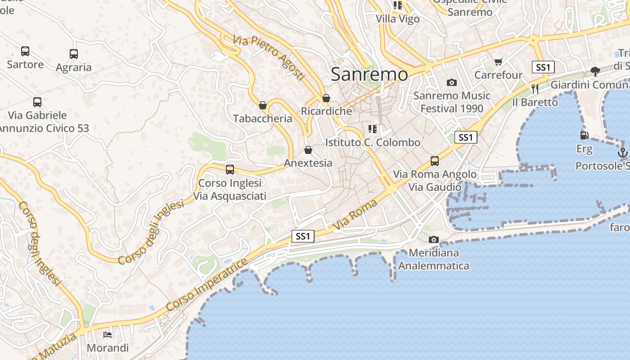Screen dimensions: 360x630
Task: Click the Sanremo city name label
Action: coord(369,74)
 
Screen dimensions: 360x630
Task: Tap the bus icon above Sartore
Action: coord(25,51)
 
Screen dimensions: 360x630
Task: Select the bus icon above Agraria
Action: coord(74,54)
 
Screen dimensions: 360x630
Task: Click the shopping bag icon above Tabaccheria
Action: coord(263,106)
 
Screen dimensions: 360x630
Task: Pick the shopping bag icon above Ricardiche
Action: coord(326,98)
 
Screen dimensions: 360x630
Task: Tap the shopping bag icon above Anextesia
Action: coord(308,150)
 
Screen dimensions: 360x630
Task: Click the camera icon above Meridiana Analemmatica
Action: coord(433,239)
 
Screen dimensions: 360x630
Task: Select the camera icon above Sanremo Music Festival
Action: coord(452,82)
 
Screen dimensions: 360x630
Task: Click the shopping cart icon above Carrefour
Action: coord(498,62)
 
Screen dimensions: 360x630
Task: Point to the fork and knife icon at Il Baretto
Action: coord(535,89)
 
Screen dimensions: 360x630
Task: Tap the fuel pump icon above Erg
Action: coord(584,135)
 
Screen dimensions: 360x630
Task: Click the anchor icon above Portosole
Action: coord(622,153)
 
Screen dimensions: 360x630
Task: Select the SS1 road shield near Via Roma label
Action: coord(302,236)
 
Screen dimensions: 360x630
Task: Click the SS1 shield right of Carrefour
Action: coord(543,67)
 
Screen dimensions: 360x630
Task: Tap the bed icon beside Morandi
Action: coord(108,334)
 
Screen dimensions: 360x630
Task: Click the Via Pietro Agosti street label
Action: coord(269,58)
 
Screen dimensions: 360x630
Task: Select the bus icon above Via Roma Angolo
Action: coord(434,161)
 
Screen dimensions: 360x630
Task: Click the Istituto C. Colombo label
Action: coord(373,142)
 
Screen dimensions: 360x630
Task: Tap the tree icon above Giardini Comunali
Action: coord(595,71)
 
